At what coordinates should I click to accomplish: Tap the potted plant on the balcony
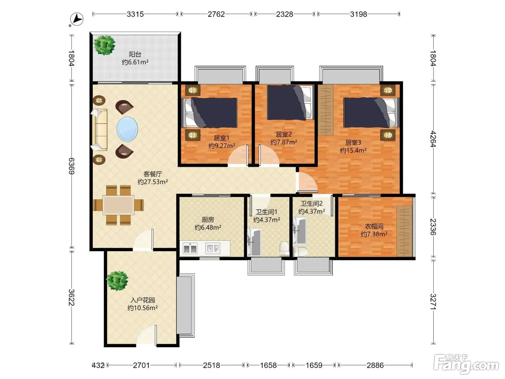pos(105,45)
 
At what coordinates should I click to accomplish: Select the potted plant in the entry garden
pos(117,280)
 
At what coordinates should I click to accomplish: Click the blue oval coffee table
pos(127,129)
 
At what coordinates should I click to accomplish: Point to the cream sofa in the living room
pos(100,130)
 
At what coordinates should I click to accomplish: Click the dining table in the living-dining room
pos(118,205)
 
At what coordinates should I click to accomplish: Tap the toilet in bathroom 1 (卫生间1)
pos(284,249)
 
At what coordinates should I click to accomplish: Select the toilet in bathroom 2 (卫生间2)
pos(300,251)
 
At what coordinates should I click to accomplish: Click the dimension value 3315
pos(135,14)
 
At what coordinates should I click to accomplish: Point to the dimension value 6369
pos(71,166)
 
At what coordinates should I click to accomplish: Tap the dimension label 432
pos(98,365)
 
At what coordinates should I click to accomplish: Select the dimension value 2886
pos(375,365)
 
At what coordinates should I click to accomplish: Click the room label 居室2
pos(284,134)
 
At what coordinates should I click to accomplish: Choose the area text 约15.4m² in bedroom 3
pos(353,150)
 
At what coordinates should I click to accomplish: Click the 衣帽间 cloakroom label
pos(374,226)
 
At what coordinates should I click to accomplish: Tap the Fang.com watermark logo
pos(466,364)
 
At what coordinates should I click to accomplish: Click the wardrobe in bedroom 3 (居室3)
pos(326,110)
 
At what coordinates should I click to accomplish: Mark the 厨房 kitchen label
pos(208,219)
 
